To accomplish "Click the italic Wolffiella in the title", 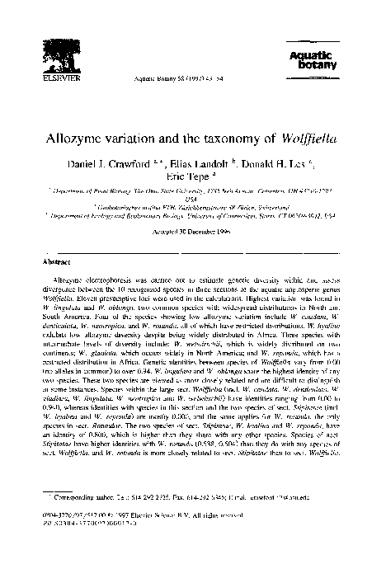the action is [x=304, y=134].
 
